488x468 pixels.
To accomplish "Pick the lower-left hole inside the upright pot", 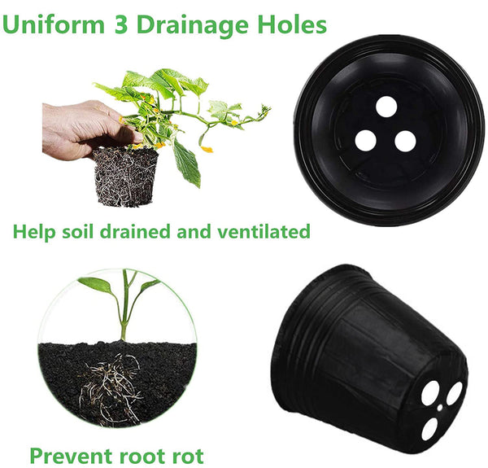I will point(366,140).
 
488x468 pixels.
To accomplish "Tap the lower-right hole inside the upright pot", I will point(405,142).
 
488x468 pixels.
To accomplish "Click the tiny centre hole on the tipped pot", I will point(440,400).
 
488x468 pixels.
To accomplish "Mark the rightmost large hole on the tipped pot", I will point(455,394).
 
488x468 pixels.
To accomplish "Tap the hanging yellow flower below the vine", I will point(207,149).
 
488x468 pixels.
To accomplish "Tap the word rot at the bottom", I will point(188,453).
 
